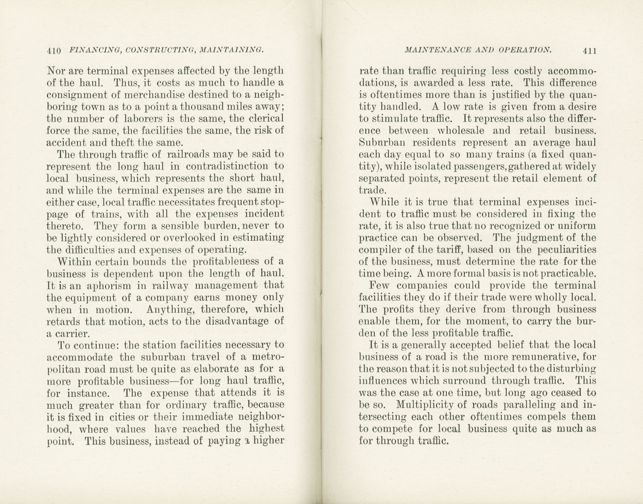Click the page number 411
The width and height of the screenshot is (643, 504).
point(589,51)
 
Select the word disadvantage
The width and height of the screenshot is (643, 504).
point(236,321)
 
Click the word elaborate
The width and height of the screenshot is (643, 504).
point(217,369)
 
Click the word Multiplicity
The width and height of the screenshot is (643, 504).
point(424,405)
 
